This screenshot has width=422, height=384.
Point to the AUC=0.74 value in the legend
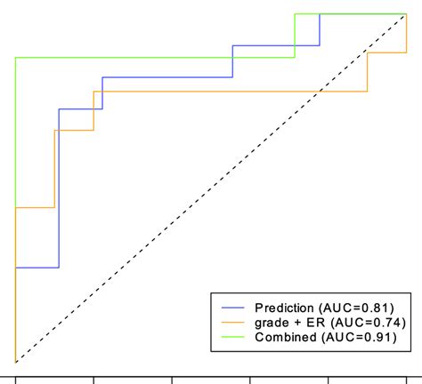pyautogui.click(x=361, y=323)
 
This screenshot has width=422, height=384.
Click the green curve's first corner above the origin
pyautogui.click(x=15, y=58)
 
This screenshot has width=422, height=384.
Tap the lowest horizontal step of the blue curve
pyautogui.click(x=37, y=267)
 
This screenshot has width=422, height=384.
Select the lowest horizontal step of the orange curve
pyautogui.click(x=35, y=207)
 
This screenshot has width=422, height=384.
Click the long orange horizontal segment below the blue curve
pyautogui.click(x=231, y=92)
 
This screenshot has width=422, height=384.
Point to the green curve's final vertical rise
pyautogui.click(x=295, y=36)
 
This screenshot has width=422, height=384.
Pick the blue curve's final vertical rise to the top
pyautogui.click(x=320, y=29)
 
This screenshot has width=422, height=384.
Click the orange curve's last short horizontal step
pyautogui.click(x=386, y=53)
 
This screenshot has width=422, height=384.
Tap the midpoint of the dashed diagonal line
pyautogui.click(x=211, y=188)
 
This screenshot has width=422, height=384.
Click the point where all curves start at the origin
pyautogui.click(x=15, y=361)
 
